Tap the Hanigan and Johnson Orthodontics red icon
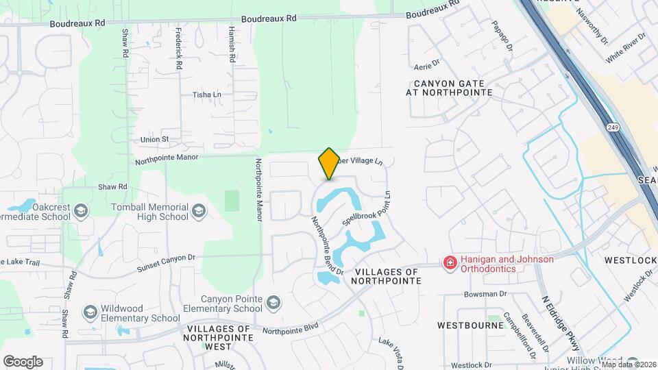pyautogui.click(x=450, y=263)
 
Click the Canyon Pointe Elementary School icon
pyautogui.click(x=273, y=302)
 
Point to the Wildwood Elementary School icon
pyautogui.click(x=90, y=312)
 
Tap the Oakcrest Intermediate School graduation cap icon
pyautogui.click(x=82, y=210)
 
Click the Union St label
pyautogui.click(x=154, y=139)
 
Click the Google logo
pyautogui.click(x=23, y=361)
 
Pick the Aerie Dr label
pyautogui.click(x=426, y=66)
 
